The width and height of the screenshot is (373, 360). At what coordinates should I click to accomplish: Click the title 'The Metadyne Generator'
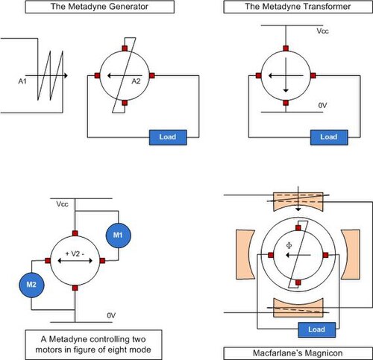[x=99, y=7]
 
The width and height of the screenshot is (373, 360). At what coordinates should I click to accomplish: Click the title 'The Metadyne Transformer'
[x=298, y=7]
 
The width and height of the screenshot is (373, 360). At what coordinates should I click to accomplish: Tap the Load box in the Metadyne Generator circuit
[x=168, y=137]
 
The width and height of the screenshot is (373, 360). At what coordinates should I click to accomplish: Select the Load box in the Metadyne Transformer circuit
[x=329, y=137]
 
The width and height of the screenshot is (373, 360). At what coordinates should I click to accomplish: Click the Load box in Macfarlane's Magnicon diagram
[x=317, y=329]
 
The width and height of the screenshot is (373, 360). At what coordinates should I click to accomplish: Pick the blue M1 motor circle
[x=118, y=235]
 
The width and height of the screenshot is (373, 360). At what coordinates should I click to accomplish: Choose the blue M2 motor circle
[x=31, y=285]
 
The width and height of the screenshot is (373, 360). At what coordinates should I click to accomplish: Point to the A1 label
[x=22, y=81]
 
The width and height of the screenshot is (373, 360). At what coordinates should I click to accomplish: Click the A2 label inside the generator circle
[x=136, y=81]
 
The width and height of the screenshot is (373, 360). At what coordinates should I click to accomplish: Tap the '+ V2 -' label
[x=75, y=253]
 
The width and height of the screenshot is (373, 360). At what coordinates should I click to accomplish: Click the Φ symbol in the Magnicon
[x=289, y=246]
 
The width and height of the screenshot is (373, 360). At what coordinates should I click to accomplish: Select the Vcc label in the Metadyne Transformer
[x=322, y=31]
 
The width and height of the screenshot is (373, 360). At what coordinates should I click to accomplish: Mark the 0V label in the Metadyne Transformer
[x=322, y=106]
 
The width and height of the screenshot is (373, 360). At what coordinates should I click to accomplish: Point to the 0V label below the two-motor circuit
[x=111, y=315]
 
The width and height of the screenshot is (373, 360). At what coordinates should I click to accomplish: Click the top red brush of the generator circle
[x=125, y=48]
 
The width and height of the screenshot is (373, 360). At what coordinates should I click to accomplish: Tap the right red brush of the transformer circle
[x=313, y=75]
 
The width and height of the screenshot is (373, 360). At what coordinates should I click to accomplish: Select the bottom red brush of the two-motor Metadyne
[x=75, y=288]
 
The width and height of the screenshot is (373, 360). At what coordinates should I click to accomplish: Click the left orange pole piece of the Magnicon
[x=245, y=254]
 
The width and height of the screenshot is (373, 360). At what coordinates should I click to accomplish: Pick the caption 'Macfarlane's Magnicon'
[x=298, y=353]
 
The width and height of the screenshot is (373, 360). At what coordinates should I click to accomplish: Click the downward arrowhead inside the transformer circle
[x=286, y=91]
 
